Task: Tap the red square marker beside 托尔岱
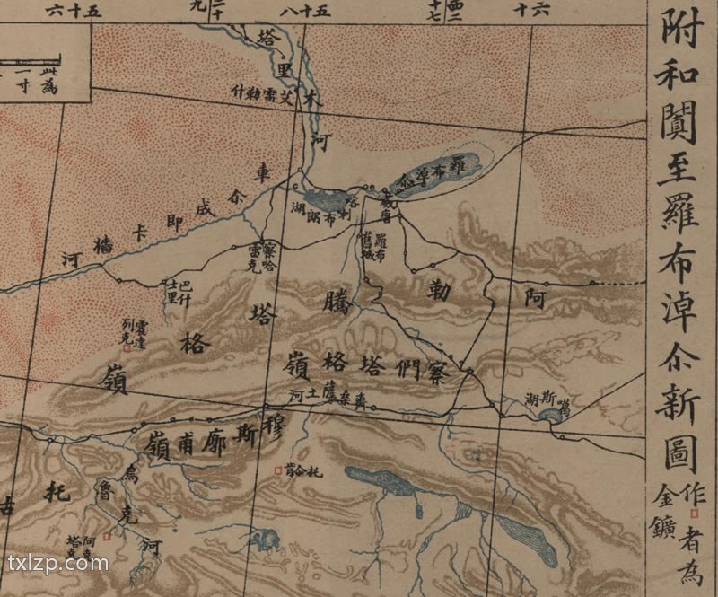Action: (278, 468)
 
